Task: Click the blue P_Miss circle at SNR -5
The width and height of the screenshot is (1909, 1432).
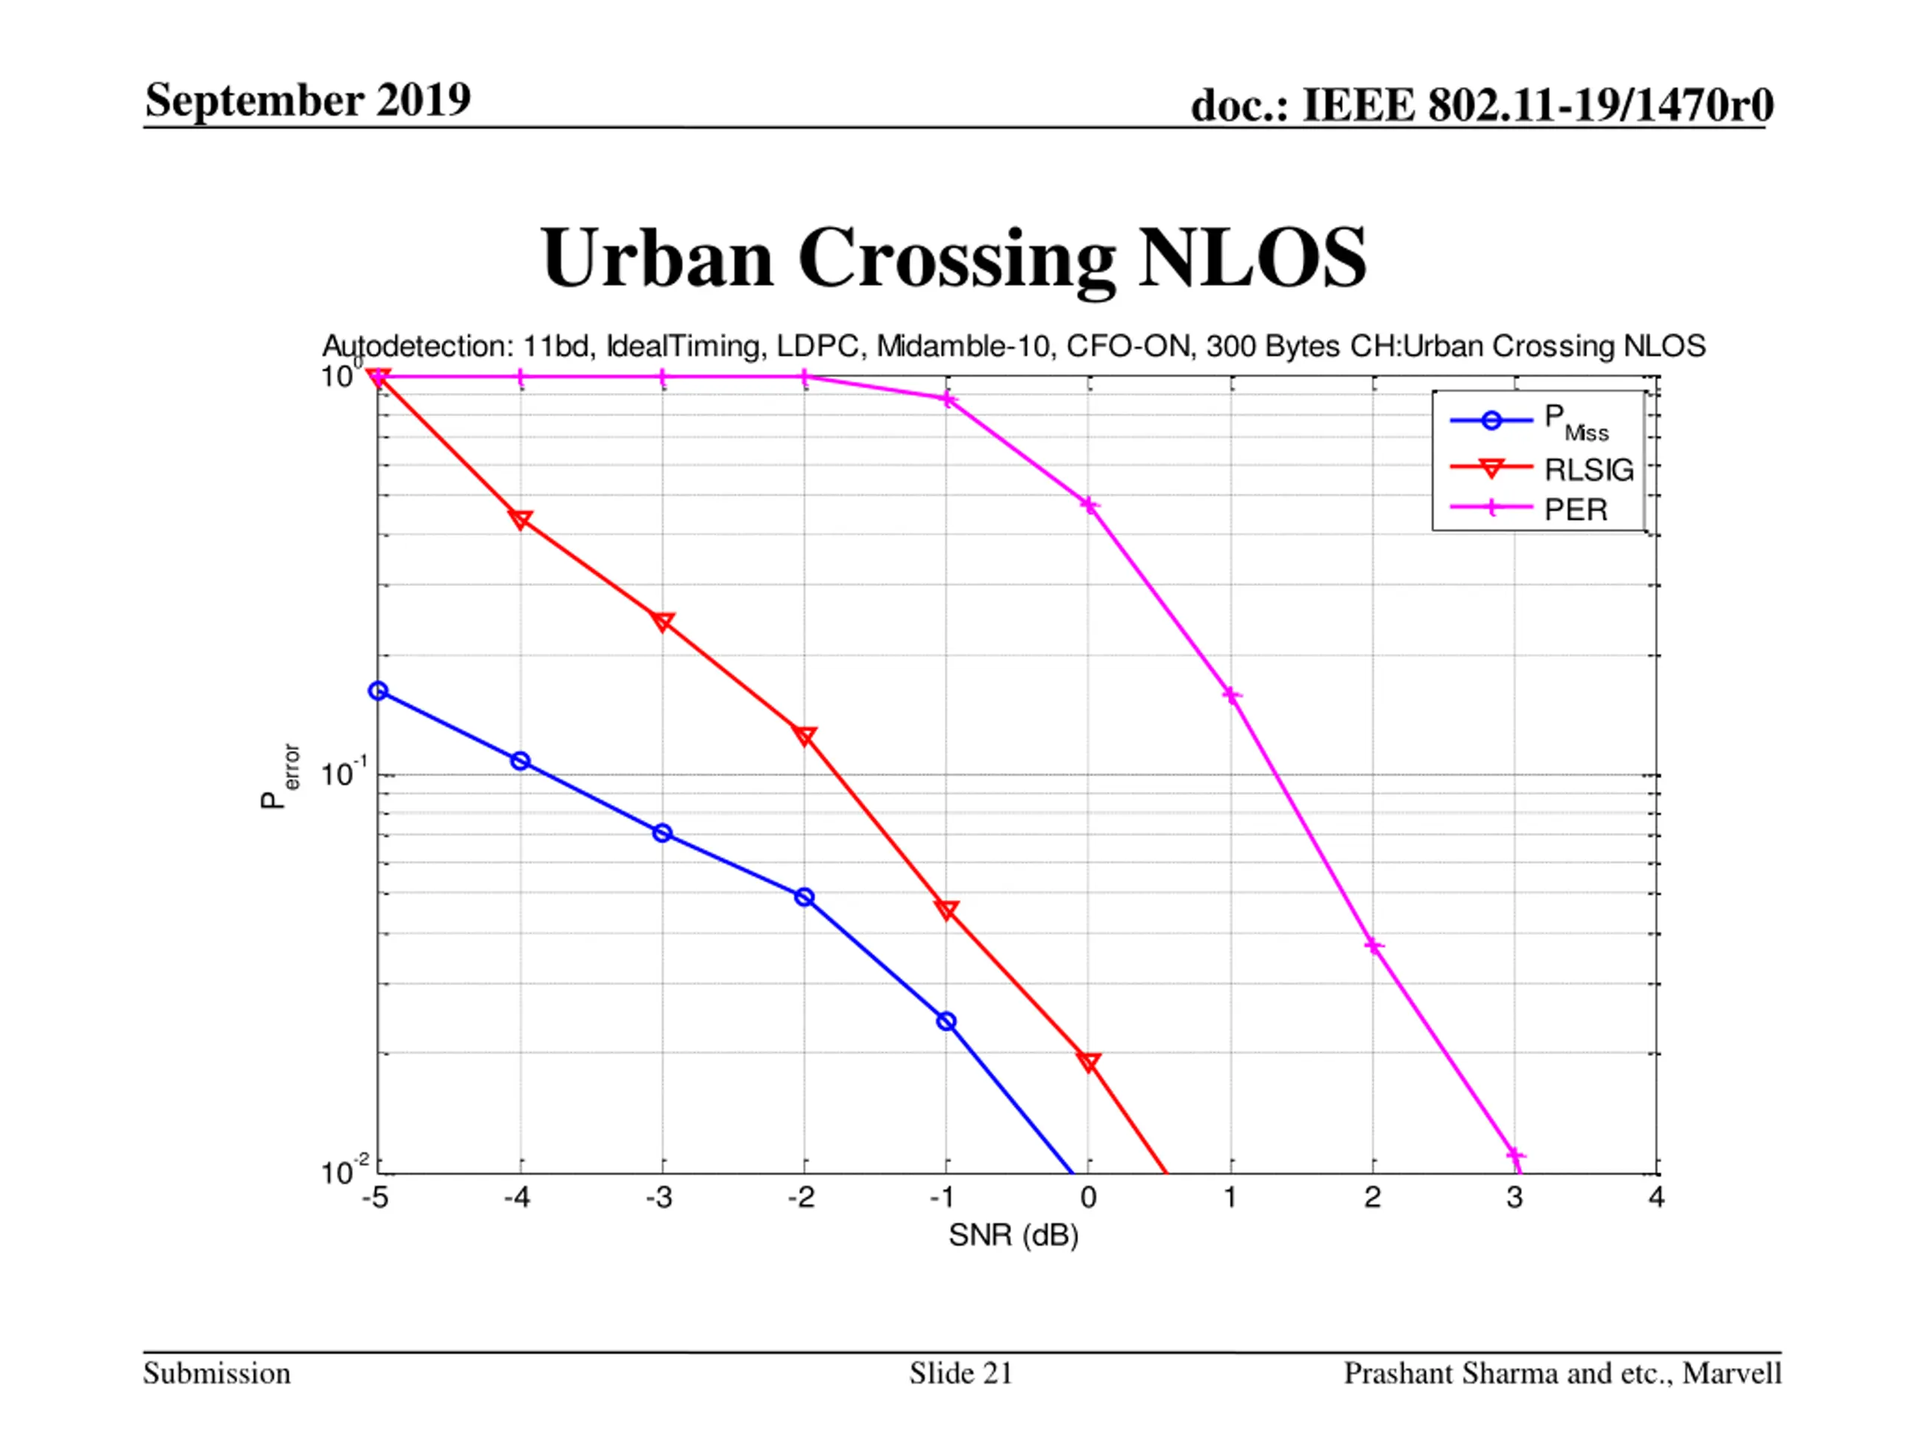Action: (378, 691)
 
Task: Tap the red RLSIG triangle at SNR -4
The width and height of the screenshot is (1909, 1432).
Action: (521, 519)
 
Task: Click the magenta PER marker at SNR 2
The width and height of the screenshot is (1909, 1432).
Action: (1374, 946)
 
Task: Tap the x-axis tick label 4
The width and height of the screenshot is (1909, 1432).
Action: (1656, 1198)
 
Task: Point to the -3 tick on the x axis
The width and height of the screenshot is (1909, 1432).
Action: (659, 1198)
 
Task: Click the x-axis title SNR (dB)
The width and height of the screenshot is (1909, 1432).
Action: (1013, 1236)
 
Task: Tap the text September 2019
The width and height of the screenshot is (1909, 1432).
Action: (308, 99)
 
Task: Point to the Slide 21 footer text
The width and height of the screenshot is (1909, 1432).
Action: (960, 1373)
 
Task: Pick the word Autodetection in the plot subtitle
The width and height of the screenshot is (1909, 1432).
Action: (418, 346)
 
